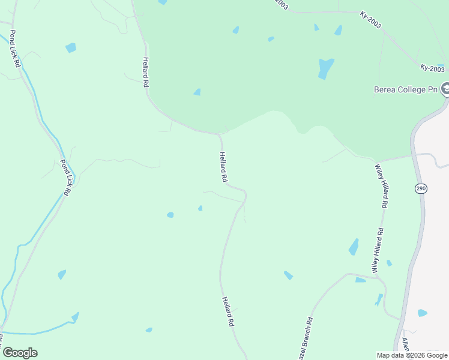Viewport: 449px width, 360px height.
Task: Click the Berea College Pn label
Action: [406, 90]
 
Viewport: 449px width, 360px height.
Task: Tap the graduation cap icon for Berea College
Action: [445, 89]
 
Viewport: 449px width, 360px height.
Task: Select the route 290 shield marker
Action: [420, 188]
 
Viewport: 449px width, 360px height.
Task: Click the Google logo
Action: [20, 353]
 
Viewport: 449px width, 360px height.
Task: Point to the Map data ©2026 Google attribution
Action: [412, 355]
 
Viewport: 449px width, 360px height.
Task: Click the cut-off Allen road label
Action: [405, 344]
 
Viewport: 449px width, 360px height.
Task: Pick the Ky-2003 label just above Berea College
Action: [432, 68]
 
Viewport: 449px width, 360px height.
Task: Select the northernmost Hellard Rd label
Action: [145, 72]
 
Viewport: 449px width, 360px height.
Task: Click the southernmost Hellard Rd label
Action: [227, 311]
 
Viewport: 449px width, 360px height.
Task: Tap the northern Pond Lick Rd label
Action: [16, 48]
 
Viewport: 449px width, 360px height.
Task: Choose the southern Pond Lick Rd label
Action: [65, 177]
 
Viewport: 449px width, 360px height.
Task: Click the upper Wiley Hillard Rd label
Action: [381, 185]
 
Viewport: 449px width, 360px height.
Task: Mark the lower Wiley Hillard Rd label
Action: [378, 251]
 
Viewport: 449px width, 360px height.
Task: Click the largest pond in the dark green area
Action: [325, 68]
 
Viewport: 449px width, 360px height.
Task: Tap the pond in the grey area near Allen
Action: [423, 313]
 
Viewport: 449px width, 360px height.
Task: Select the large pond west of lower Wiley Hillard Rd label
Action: [354, 247]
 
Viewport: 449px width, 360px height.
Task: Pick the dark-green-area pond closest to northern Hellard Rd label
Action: [197, 92]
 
